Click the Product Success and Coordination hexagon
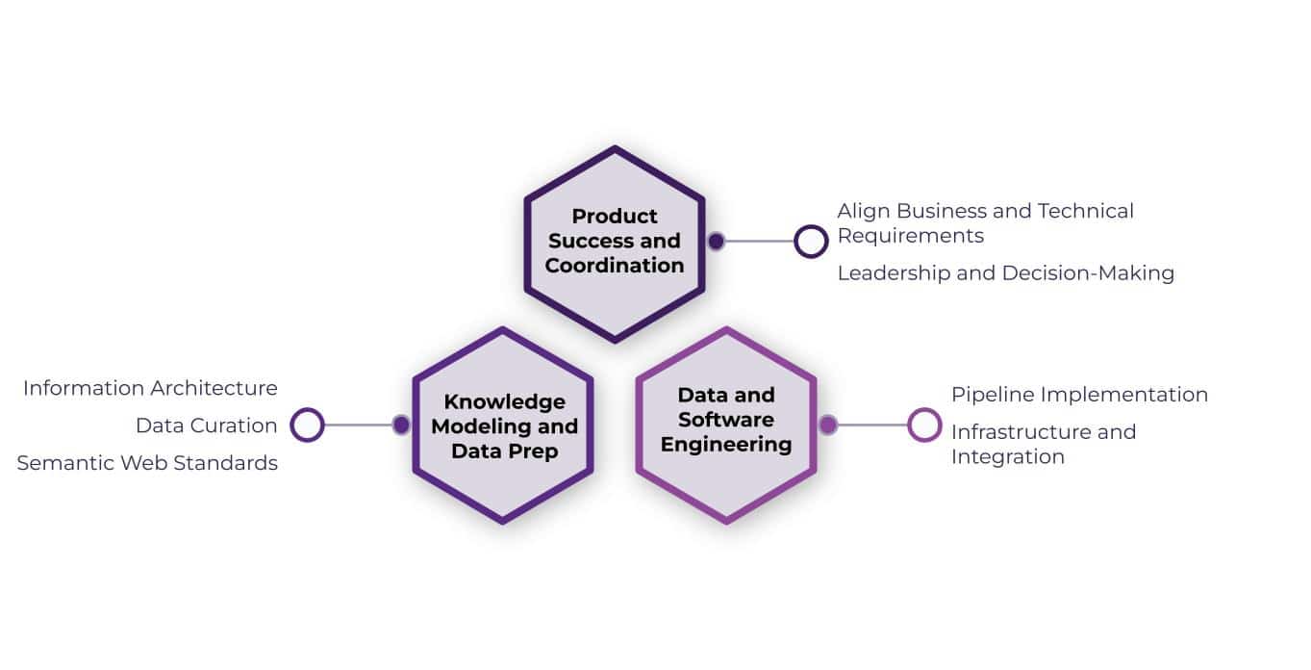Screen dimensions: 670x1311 click(614, 243)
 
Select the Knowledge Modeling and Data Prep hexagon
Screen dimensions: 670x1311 click(503, 425)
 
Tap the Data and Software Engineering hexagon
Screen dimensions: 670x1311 click(726, 425)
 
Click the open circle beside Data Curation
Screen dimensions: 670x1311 click(308, 425)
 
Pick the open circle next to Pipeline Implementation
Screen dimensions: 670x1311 click(924, 425)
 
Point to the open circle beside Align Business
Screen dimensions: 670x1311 click(811, 242)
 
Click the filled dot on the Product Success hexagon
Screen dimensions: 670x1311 click(716, 242)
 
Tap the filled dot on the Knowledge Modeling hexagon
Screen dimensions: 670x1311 click(401, 425)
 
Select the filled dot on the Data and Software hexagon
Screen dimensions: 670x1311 click(827, 425)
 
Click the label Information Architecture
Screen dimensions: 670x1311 click(150, 388)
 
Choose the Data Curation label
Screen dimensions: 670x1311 click(206, 425)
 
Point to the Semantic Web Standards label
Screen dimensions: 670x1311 click(147, 463)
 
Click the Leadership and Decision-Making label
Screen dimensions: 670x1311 click(1005, 273)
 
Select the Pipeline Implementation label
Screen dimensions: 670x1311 click(1079, 395)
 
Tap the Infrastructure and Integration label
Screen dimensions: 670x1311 click(1043, 444)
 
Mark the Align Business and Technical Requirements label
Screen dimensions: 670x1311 click(985, 223)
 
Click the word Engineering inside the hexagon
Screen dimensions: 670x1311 click(726, 445)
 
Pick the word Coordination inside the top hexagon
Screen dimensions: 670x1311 click(615, 266)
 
